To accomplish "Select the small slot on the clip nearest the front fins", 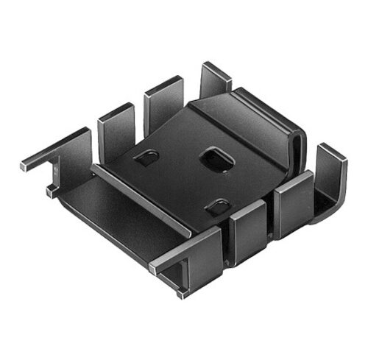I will coord(217,207).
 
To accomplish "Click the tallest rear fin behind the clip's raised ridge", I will coord(216,82).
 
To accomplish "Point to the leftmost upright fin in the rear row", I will coord(116,130).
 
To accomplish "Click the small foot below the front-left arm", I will coord(180,292).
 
